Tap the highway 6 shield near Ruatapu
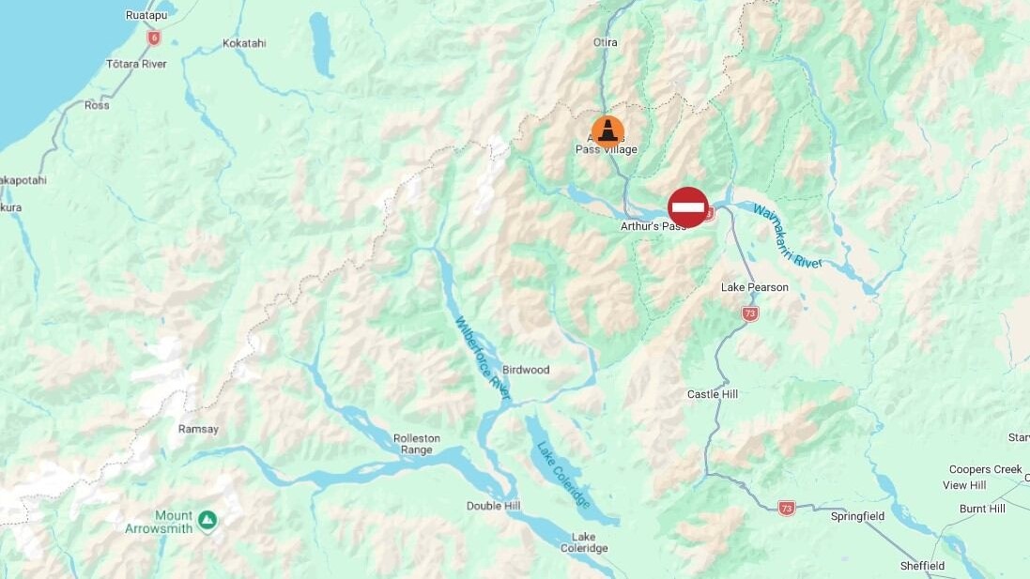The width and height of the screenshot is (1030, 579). click(153, 38)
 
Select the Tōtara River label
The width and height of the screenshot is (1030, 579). click(136, 64)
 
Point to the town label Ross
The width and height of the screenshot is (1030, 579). click(97, 105)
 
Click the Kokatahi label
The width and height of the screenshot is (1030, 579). click(244, 43)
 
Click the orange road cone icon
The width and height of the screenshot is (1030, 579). click(607, 130)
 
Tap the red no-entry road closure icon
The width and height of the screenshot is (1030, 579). click(688, 206)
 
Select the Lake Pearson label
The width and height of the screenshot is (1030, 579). click(754, 287)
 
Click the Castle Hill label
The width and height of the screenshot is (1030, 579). click(713, 394)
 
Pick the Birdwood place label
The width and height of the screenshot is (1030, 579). click(526, 370)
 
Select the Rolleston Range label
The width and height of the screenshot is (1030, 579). click(417, 444)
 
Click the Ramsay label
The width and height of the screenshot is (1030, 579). click(198, 429)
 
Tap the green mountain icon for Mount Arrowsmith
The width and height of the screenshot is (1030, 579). click(207, 519)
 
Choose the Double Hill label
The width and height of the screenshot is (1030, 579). click(493, 506)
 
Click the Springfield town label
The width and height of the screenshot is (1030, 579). click(857, 516)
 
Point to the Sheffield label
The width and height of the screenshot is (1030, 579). click(922, 566)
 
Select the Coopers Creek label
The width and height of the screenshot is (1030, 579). click(985, 469)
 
